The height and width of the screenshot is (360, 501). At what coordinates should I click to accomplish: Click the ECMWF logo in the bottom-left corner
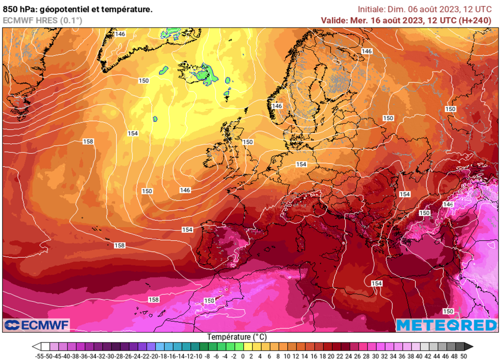point(37,325)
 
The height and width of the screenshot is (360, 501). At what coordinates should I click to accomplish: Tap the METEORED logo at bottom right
point(446,325)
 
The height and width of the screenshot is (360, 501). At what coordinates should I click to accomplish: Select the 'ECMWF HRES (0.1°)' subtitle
point(43,21)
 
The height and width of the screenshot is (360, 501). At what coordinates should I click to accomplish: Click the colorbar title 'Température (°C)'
point(237,337)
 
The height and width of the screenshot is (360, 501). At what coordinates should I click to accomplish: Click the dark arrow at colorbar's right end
point(469,346)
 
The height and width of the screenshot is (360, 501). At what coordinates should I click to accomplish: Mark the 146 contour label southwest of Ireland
point(185,190)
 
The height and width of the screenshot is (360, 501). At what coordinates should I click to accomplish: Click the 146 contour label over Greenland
point(120,34)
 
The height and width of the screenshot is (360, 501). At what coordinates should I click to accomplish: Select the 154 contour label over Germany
point(301,164)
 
